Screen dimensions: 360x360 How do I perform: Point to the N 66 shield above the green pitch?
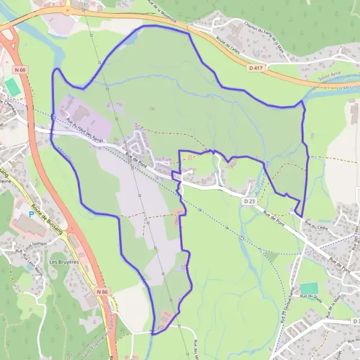[x=22, y=70]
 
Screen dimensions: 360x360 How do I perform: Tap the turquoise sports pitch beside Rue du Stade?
[x=309, y=288]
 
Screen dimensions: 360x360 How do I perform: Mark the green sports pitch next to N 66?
[x=11, y=85]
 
